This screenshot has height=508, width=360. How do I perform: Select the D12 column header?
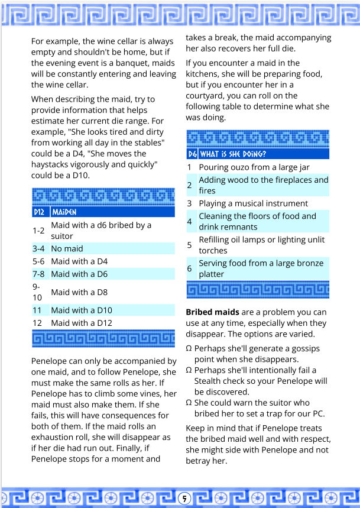tap(39, 212)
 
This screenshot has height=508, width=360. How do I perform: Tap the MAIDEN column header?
tap(64, 212)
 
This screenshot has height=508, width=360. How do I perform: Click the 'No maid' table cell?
tap(67, 248)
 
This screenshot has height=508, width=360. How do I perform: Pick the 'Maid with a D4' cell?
tap(79, 261)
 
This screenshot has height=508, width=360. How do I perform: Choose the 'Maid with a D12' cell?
tap(82, 323)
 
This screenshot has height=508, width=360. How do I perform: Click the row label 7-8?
tap(38, 274)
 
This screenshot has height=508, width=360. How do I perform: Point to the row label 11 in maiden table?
tap(37, 310)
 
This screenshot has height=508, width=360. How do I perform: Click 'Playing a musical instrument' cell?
tap(253, 203)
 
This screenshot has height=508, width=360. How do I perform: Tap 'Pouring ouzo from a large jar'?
tap(254, 167)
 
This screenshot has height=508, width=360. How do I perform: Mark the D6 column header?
tap(192, 154)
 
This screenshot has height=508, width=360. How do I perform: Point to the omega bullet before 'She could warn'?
tap(189, 403)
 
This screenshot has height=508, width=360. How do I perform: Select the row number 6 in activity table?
tap(190, 268)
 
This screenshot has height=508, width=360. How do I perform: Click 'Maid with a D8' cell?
tap(79, 292)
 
